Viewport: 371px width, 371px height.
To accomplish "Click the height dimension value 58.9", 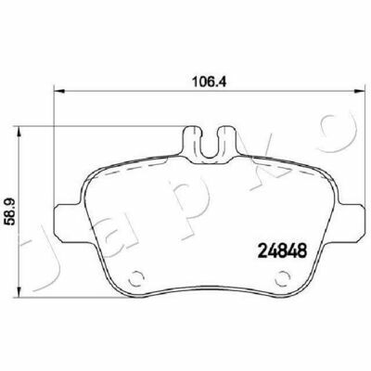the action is (x=9, y=212).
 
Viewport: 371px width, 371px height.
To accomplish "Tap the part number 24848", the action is (x=283, y=250).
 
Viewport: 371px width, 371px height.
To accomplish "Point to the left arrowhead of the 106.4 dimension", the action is (x=59, y=91).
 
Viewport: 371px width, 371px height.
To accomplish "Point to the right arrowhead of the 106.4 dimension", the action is (x=358, y=91).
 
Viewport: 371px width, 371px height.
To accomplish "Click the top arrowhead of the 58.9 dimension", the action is (x=19, y=132).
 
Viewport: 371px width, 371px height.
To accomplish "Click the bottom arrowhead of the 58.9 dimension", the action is (x=19, y=292).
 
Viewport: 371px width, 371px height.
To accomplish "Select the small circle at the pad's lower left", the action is (x=136, y=279).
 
